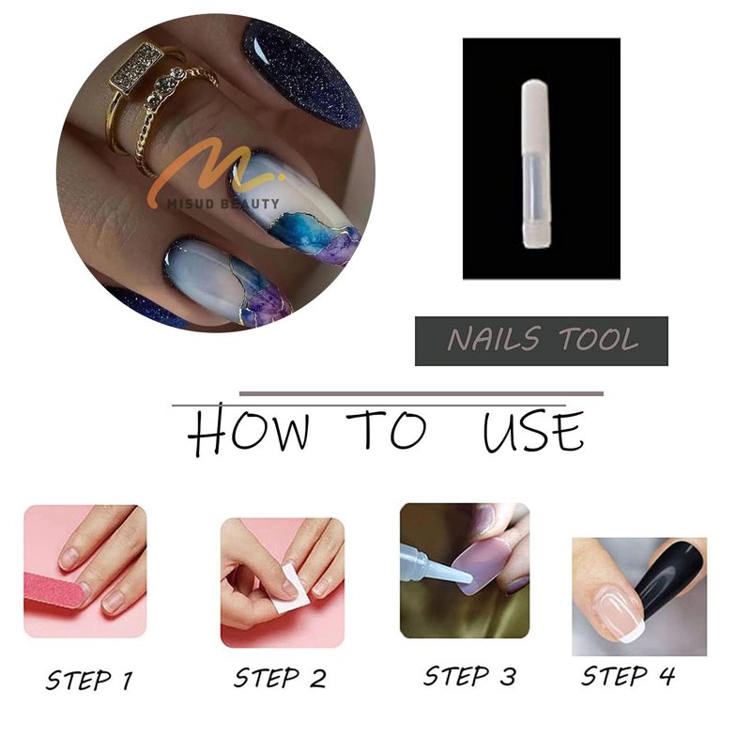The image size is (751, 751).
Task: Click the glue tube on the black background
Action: point(536,164)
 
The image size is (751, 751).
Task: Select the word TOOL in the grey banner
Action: point(599,339)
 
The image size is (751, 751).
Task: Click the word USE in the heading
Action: point(533,431)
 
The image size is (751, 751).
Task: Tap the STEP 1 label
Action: point(89,680)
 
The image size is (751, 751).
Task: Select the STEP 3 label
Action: point(470,676)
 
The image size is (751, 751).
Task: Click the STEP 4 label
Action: point(628,676)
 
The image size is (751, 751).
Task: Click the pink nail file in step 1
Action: point(56,590)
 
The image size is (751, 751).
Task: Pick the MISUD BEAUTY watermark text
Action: point(222,205)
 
